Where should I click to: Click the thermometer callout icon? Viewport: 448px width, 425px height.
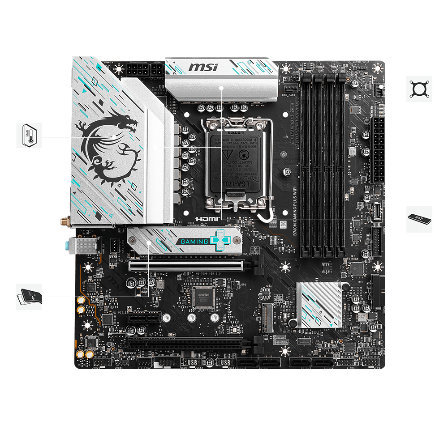pyautogui.click(x=29, y=135)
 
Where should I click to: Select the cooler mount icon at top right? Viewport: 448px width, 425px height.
pyautogui.click(x=419, y=89)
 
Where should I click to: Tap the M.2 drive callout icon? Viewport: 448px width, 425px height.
pyautogui.click(x=419, y=219)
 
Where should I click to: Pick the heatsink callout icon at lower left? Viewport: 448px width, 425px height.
pyautogui.click(x=29, y=296)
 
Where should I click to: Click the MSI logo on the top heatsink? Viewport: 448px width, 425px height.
pyautogui.click(x=203, y=68)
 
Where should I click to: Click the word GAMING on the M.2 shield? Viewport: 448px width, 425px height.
pyautogui.click(x=194, y=242)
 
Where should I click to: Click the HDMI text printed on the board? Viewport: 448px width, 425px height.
pyautogui.click(x=206, y=220)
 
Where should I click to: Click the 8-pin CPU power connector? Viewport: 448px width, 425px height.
pyautogui.click(x=144, y=70)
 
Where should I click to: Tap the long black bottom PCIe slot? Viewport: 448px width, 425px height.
pyautogui.click(x=188, y=344)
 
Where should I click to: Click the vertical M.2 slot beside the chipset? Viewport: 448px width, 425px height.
pyautogui.click(x=267, y=318)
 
